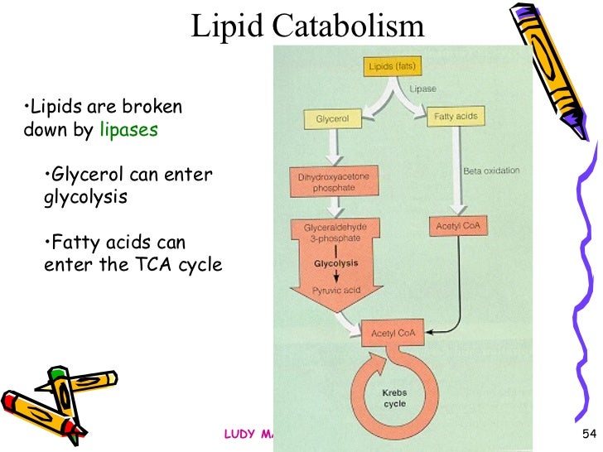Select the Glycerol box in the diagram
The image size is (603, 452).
tap(333, 119)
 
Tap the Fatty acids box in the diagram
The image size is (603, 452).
tap(456, 117)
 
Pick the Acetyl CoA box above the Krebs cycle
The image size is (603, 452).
tap(393, 334)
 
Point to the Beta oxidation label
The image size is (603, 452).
tap(491, 171)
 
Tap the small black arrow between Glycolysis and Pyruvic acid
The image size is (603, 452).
tap(332, 277)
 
